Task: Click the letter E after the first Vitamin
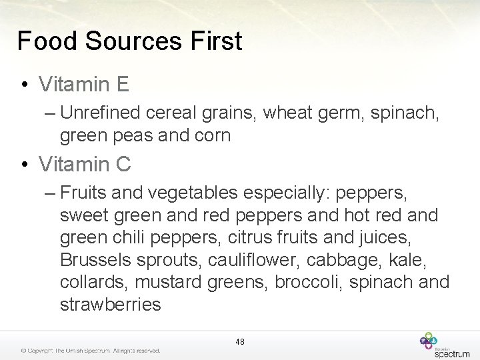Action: click(x=122, y=85)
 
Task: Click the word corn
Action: click(x=213, y=135)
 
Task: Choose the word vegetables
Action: click(x=193, y=193)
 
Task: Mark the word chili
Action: click(x=129, y=237)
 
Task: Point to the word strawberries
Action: click(x=111, y=305)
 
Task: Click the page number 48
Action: click(x=240, y=342)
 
